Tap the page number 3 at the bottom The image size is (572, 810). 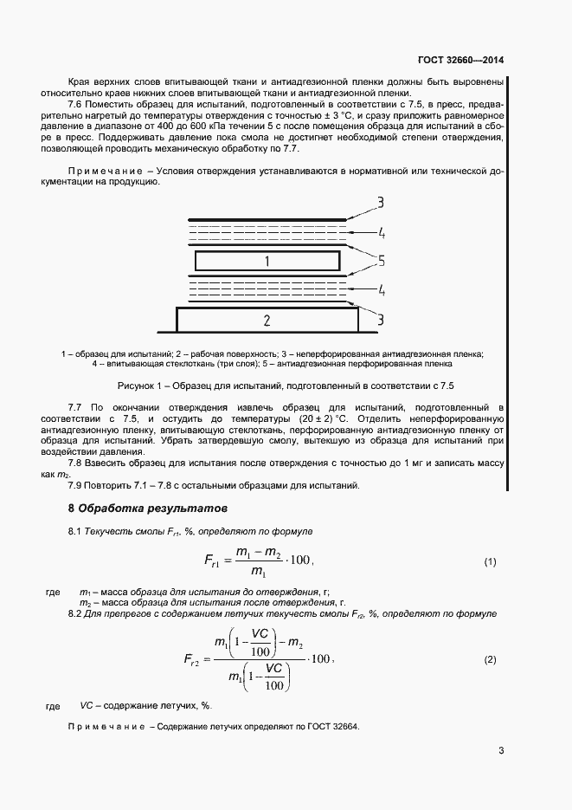[x=501, y=750]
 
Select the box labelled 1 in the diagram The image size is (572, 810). [x=267, y=261]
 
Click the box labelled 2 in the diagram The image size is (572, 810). [x=267, y=321]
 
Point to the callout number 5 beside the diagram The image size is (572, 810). [x=380, y=260]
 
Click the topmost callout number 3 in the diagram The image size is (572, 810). [x=379, y=204]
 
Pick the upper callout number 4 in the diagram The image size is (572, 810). [x=380, y=232]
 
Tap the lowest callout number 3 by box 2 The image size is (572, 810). [x=380, y=321]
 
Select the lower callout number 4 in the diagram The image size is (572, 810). [x=380, y=288]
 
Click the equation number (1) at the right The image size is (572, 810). [x=490, y=561]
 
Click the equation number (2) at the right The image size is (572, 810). [x=490, y=660]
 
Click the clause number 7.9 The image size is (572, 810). [x=76, y=484]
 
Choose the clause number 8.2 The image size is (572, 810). [x=76, y=613]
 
